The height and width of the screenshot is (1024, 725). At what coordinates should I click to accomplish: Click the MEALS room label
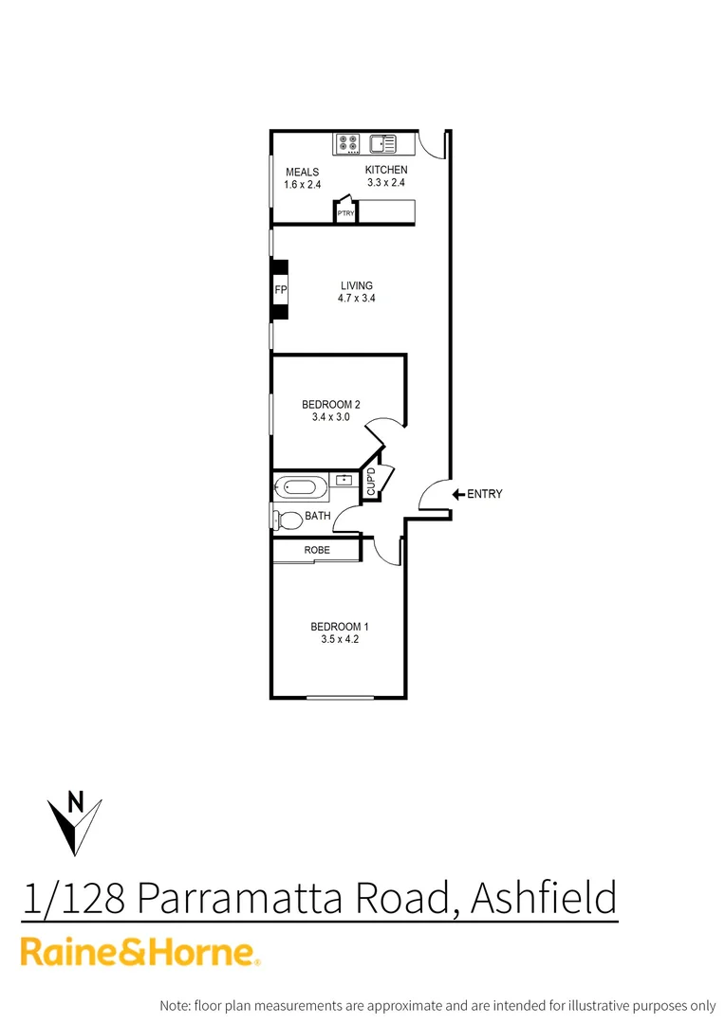(x=303, y=173)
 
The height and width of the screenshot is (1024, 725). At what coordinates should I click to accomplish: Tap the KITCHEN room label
(x=386, y=171)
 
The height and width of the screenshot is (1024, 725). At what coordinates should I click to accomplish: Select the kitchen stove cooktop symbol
(x=348, y=144)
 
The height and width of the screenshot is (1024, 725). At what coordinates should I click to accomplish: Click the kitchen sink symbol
(x=382, y=144)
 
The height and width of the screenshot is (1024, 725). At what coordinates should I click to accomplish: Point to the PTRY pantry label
(x=345, y=214)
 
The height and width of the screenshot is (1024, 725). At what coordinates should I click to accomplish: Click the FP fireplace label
(x=280, y=289)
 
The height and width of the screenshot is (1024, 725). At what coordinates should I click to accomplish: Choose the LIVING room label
(x=357, y=285)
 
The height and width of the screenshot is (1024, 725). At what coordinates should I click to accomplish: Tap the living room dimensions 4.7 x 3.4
(x=357, y=299)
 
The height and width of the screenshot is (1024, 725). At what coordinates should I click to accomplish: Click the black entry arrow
(x=457, y=494)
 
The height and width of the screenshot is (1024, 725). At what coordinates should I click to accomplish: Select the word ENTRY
(x=485, y=494)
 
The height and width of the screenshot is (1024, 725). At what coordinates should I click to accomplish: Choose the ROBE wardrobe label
(x=317, y=550)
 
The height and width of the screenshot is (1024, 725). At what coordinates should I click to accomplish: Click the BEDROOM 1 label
(x=339, y=627)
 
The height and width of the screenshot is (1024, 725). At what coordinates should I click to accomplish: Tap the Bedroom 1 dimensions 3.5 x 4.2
(x=339, y=640)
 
